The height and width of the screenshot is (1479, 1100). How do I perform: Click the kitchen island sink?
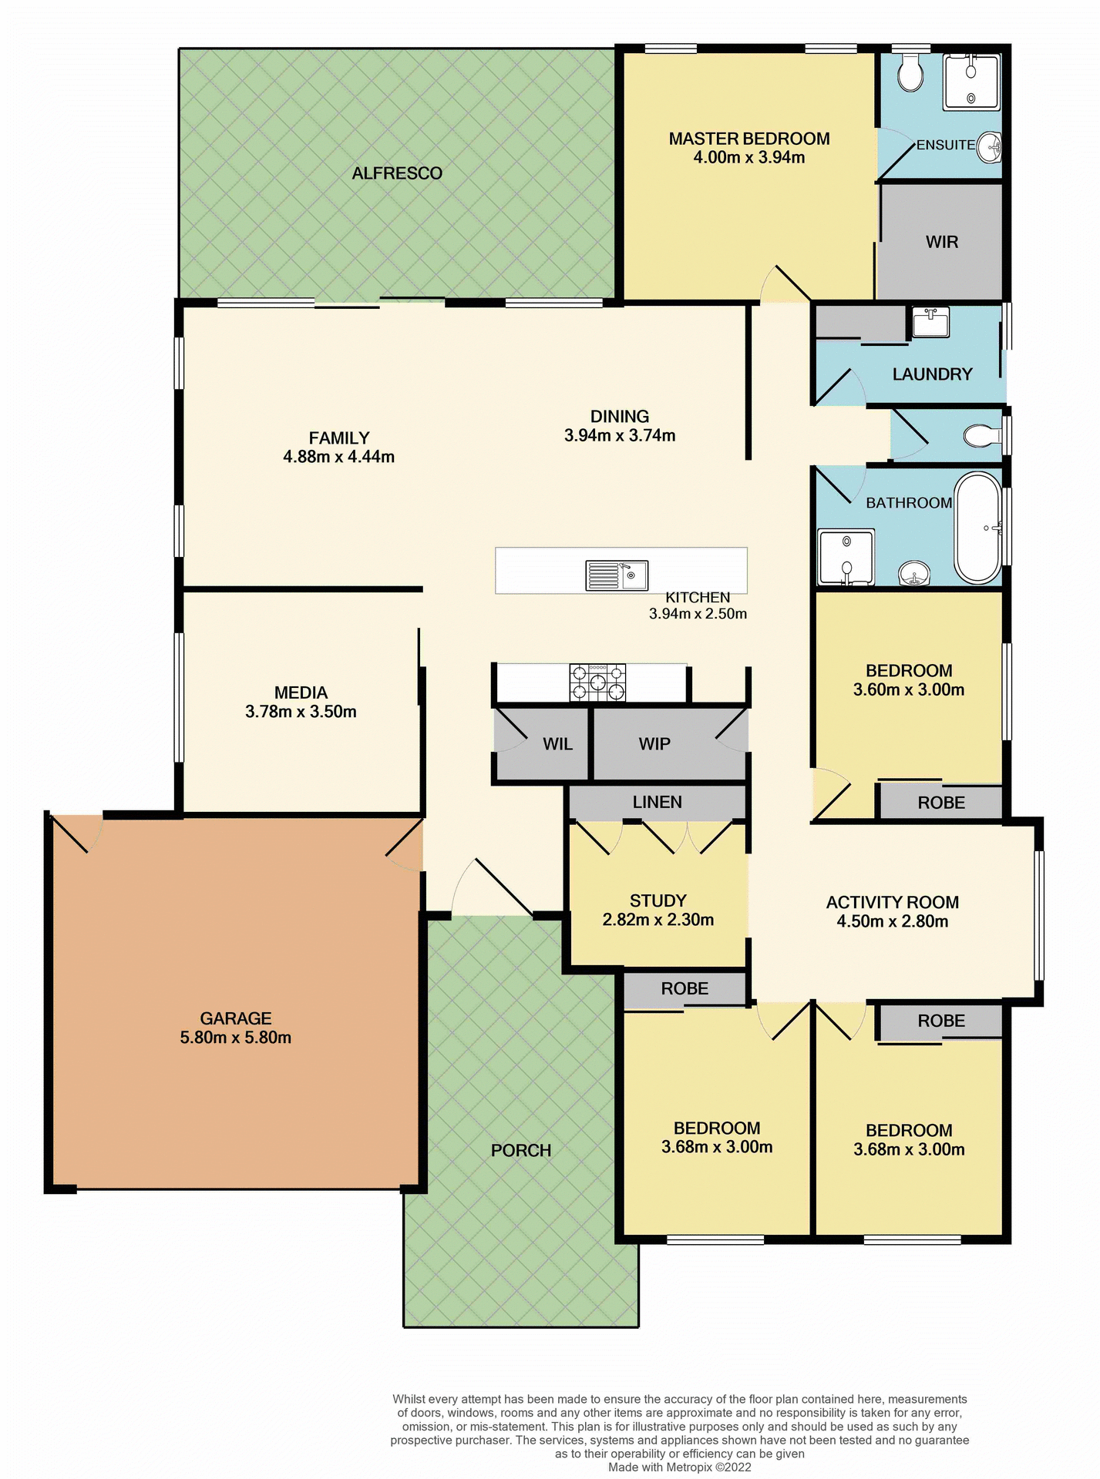[x=617, y=575]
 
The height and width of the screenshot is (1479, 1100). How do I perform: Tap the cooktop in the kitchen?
[x=597, y=682]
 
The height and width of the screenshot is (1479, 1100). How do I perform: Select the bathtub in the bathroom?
[x=977, y=528]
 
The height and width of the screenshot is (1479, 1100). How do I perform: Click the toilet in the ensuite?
[x=910, y=73]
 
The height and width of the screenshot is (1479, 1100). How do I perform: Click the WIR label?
[x=941, y=242]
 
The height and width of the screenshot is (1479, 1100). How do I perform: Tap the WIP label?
[x=654, y=744]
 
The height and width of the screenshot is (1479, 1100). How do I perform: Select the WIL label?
[x=557, y=744]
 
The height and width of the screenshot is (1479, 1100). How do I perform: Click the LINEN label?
[x=657, y=802]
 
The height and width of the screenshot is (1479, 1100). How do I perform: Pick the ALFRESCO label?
[x=397, y=173]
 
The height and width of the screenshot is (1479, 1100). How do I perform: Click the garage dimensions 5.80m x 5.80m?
[x=236, y=1038]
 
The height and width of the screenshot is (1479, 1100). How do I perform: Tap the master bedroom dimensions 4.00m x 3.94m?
[x=748, y=158]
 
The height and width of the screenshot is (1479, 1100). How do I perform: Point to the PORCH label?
[x=521, y=1150]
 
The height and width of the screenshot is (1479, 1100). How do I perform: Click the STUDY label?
[x=658, y=900]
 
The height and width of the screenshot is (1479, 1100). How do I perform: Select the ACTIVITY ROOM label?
[x=892, y=902]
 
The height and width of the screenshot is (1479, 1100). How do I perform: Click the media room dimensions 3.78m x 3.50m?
[x=301, y=712]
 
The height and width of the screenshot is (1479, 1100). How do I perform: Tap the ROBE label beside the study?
[x=684, y=988]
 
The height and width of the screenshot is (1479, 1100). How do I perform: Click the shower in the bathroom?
[x=846, y=556]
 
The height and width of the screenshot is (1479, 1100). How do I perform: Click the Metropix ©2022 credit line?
[x=679, y=1467]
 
